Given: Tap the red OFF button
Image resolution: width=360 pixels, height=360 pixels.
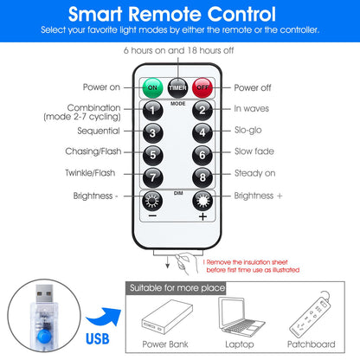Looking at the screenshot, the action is click(202, 87).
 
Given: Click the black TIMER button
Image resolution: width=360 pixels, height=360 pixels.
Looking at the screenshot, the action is click(177, 87).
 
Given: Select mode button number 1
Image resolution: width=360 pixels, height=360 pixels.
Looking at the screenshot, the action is click(153, 111).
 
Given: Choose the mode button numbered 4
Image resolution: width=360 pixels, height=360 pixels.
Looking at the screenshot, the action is click(202, 132).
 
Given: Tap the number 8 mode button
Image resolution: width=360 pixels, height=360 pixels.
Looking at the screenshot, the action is click(202, 177).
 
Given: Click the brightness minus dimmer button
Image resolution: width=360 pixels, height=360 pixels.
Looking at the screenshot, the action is click(152, 201).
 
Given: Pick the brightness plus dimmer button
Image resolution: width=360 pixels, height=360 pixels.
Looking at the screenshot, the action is click(202, 201).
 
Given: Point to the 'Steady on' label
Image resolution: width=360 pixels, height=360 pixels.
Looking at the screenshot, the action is click(255, 173).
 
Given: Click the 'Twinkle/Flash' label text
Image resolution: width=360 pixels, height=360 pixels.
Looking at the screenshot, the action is click(90, 173).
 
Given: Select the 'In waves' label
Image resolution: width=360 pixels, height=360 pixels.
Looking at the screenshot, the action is click(252, 109).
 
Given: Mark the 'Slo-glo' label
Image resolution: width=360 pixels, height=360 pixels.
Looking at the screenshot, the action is click(248, 131).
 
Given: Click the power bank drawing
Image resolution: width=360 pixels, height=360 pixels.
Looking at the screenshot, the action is click(167, 317).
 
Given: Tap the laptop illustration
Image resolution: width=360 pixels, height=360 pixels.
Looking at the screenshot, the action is click(241, 317).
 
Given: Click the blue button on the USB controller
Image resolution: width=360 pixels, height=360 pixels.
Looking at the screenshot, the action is click(44, 337).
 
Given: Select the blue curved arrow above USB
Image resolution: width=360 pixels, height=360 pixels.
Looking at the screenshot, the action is click(104, 318).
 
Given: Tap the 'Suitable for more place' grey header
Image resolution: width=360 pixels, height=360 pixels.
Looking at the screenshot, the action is click(176, 288).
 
